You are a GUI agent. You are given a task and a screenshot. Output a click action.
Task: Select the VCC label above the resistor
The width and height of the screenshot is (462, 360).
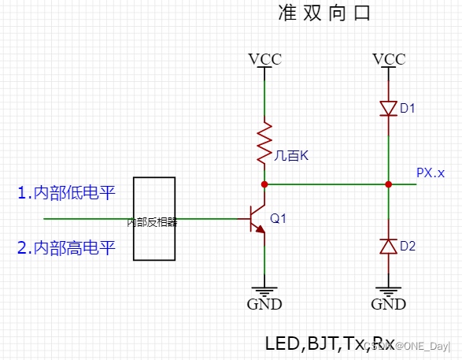click(x=264, y=59)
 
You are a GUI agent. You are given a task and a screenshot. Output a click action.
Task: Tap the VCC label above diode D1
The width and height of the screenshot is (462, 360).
click(x=388, y=59)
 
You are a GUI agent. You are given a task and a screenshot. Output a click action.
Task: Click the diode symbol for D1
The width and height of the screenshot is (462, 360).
click(x=388, y=108)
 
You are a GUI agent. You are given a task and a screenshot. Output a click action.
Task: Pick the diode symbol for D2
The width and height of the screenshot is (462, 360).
click(x=388, y=246)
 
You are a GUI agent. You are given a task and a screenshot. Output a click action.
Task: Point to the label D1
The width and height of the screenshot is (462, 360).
click(x=407, y=108)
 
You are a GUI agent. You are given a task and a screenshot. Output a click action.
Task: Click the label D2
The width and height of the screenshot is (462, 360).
click(x=407, y=246)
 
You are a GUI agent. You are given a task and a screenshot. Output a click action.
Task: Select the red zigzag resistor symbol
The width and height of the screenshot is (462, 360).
click(x=264, y=143)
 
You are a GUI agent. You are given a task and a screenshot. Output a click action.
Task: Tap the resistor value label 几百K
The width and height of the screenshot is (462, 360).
click(x=291, y=156)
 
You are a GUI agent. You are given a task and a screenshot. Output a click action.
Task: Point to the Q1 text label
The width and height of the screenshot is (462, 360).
click(x=279, y=218)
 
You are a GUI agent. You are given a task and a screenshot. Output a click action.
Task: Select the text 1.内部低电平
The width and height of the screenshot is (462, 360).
click(x=66, y=192)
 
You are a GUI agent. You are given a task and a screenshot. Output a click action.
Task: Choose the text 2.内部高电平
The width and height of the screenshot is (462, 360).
click(x=66, y=248)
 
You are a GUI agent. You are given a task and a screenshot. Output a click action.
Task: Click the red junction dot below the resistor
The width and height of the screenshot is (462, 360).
click(x=264, y=184)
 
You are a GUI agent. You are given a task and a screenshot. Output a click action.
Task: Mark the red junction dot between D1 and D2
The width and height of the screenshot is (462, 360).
click(x=388, y=184)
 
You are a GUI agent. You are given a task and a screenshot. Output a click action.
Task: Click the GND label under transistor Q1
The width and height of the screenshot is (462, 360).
click(x=264, y=304)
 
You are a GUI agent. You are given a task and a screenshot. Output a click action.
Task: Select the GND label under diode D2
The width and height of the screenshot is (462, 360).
click(x=388, y=304)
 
